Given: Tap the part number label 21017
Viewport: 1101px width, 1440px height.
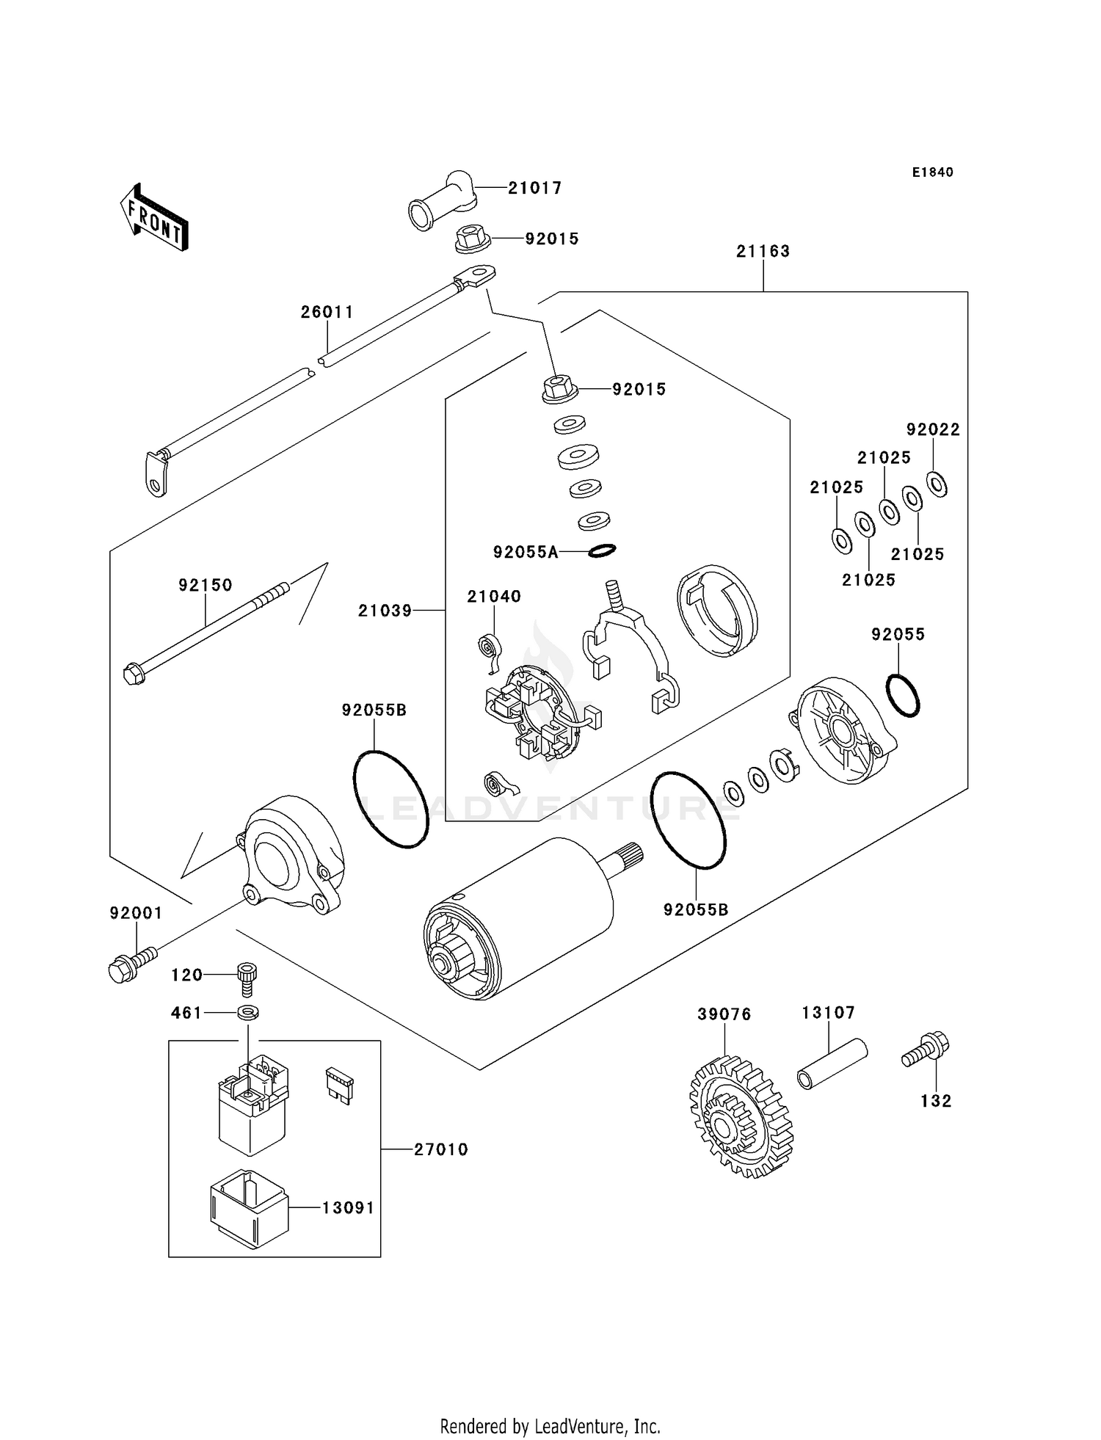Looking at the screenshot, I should point(534,188).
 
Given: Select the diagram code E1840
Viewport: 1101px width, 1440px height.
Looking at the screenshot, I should point(932,172).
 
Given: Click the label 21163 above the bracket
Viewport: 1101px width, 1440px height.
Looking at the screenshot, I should point(763,251).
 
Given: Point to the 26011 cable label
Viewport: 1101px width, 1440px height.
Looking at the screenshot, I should point(327,312).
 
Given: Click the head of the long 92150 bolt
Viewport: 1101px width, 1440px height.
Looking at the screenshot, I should point(134,673).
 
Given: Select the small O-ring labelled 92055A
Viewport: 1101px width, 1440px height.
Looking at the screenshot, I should point(600,550).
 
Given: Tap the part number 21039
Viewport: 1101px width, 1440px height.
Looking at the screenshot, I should point(385,611).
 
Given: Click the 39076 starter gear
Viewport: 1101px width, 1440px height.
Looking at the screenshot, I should point(740,1117).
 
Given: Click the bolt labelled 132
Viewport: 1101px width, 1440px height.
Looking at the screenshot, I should point(926,1050).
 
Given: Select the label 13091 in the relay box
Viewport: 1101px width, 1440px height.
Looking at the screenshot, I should point(348,1207).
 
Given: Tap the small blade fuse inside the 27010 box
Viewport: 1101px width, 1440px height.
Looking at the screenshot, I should point(339,1085).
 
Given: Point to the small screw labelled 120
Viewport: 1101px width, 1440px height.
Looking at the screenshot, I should point(247,977).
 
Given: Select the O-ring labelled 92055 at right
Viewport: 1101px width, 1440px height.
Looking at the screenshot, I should point(902,695).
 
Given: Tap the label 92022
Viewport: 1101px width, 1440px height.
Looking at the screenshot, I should point(932,429).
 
